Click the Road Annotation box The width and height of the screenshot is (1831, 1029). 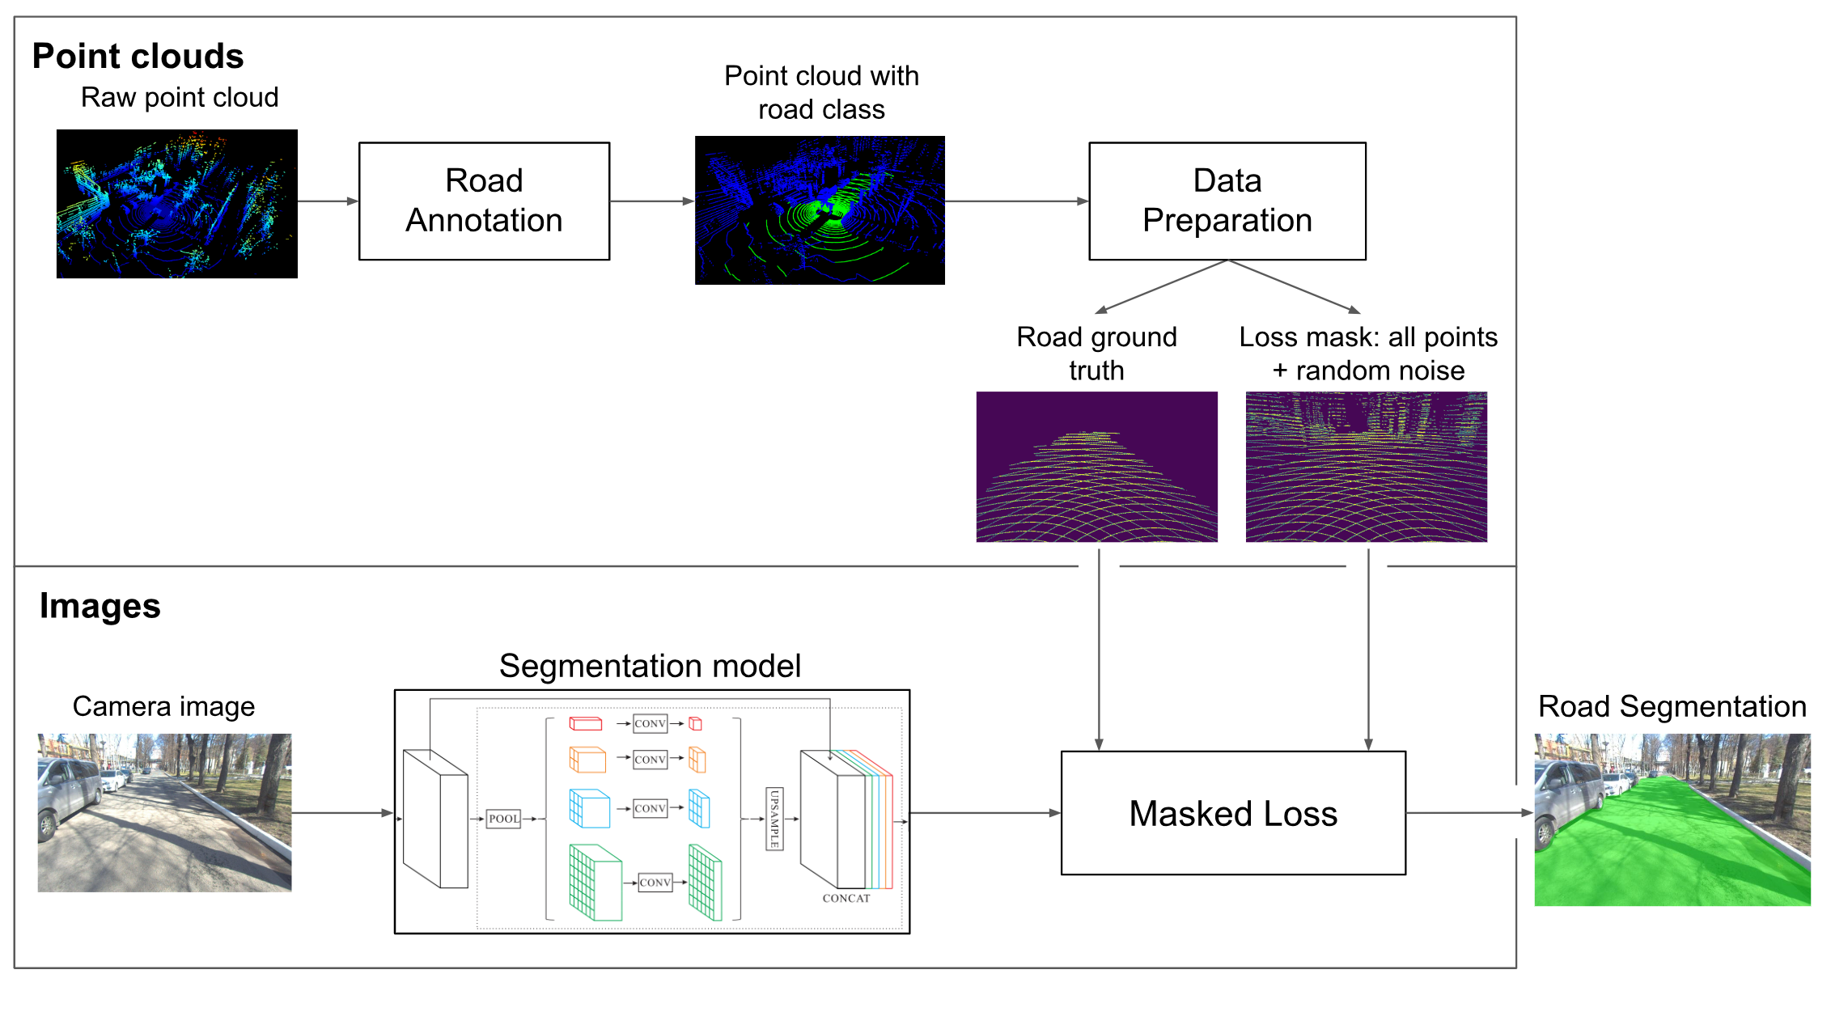tap(484, 201)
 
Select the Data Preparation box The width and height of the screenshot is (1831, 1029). tap(1227, 201)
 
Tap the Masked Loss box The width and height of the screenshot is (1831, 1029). tap(1232, 813)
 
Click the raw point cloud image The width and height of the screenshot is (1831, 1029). tap(176, 204)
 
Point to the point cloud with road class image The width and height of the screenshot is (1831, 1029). tap(819, 210)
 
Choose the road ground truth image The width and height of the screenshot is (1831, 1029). tap(1096, 467)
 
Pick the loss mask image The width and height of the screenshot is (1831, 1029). tap(1366, 467)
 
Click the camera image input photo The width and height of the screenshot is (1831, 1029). tap(164, 812)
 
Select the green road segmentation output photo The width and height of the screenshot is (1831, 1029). tap(1672, 819)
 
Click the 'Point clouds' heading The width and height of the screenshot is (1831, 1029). tap(138, 57)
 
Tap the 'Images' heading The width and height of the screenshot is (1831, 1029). tap(100, 606)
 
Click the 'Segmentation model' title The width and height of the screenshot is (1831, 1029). tap(650, 666)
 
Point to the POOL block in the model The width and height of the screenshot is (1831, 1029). tap(503, 819)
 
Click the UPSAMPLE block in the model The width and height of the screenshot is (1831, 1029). tap(774, 819)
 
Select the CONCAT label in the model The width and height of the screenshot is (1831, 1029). tap(846, 898)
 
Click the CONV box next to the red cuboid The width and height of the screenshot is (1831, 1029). tap(651, 723)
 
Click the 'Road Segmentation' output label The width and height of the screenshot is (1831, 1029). tap(1672, 706)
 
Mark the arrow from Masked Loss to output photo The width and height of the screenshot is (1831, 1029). tap(1469, 813)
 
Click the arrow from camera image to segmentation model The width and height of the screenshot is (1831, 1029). tap(342, 813)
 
